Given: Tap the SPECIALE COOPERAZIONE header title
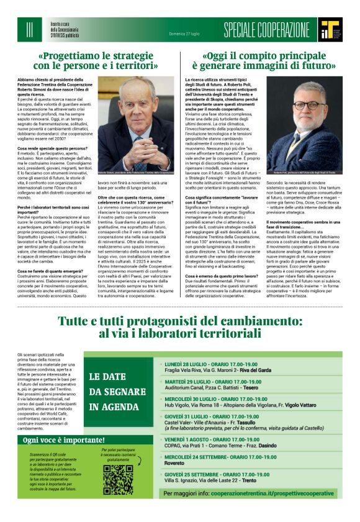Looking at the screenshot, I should click(266, 29).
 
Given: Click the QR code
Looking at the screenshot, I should click(118, 479).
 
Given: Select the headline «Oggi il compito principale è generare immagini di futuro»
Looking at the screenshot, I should click(264, 60).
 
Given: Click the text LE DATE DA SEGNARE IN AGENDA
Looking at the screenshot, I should click(118, 391).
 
